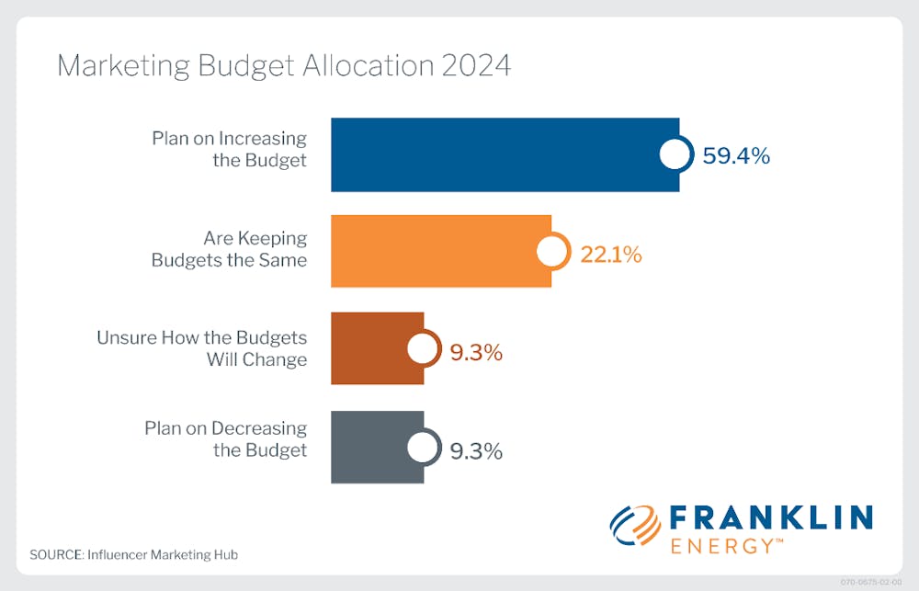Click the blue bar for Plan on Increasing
[x=496, y=154]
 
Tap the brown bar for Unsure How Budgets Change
[x=372, y=348]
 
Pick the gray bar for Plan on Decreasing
[x=372, y=447]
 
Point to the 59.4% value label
[x=736, y=155]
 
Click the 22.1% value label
[x=610, y=255]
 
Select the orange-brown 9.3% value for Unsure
[x=476, y=352]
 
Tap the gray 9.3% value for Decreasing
[x=476, y=451]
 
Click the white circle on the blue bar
[x=675, y=154]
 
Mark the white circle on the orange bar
[x=551, y=251]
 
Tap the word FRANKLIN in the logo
[x=771, y=517]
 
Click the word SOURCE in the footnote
[x=55, y=555]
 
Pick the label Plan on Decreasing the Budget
[x=225, y=438]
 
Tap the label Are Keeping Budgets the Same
[x=229, y=249]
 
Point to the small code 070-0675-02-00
[x=872, y=583]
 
